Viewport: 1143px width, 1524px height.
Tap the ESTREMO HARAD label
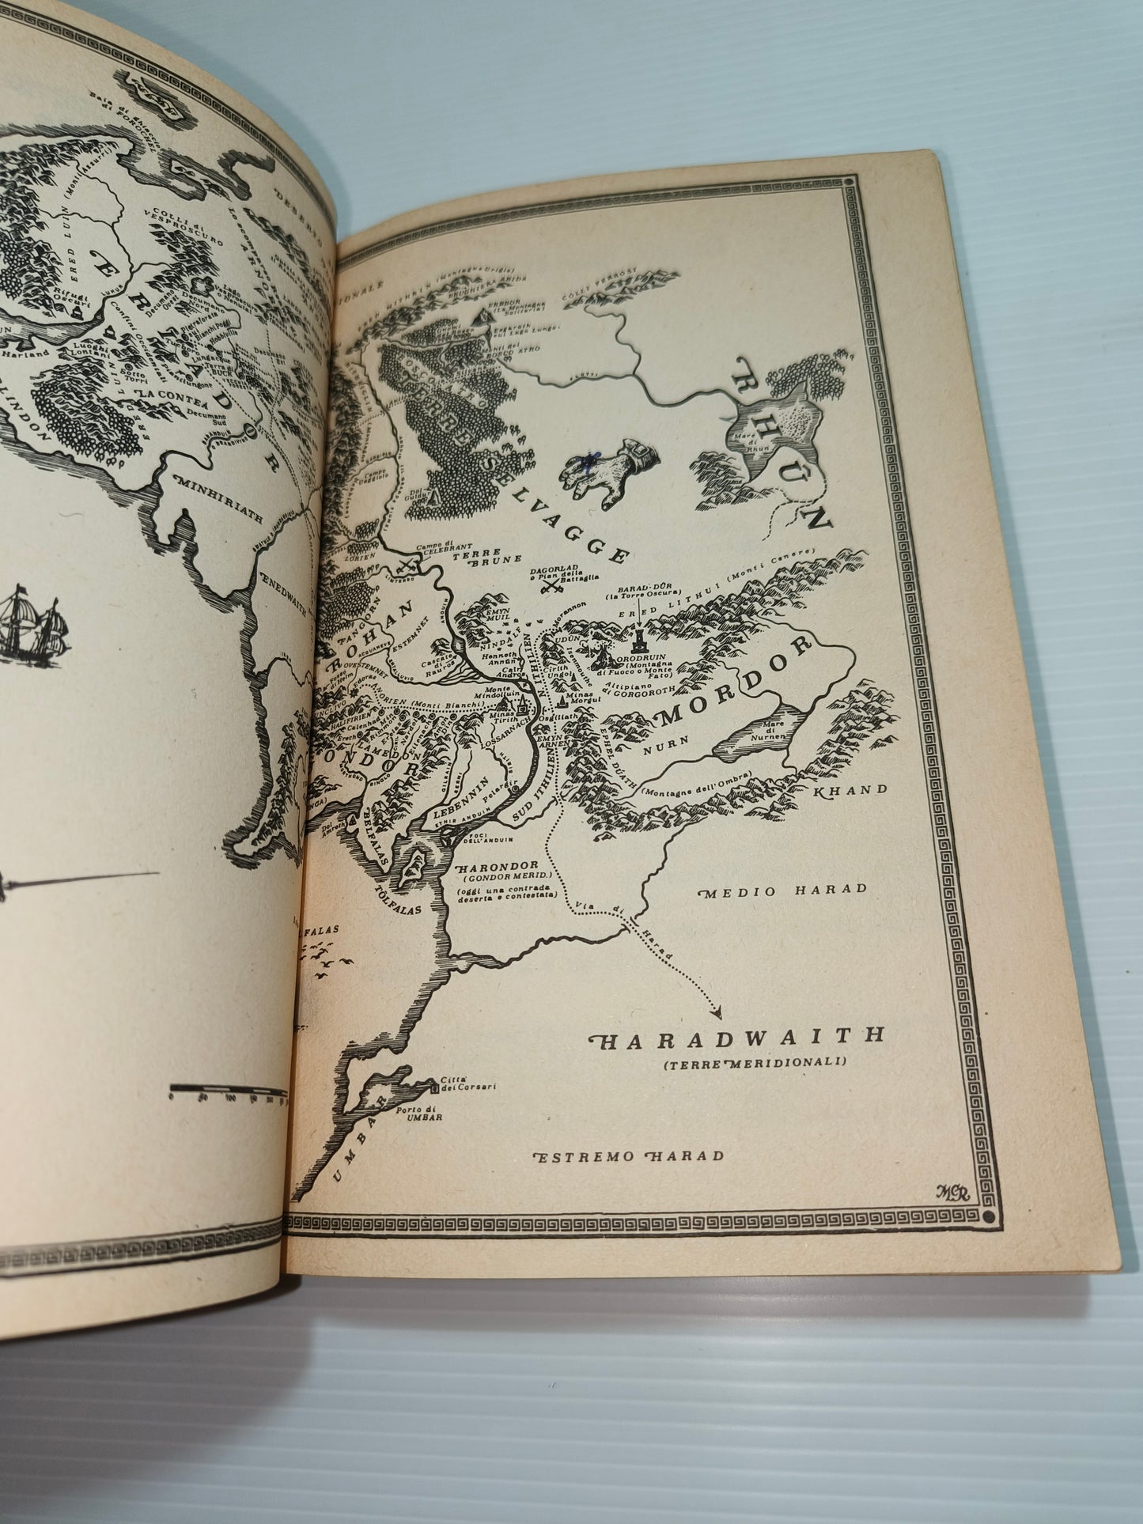pos(630,1155)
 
